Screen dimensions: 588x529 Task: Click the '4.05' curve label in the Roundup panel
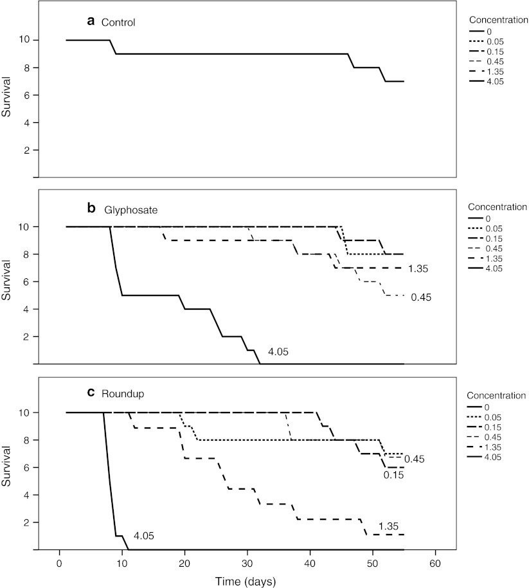click(x=144, y=535)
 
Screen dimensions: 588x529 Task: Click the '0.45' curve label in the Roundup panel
click(x=415, y=459)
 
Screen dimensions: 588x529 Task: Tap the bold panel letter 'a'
click(x=91, y=21)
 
